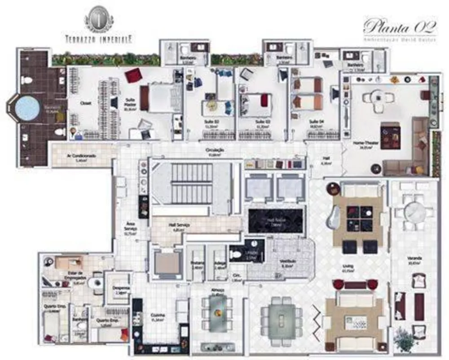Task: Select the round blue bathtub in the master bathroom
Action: tap(27, 108)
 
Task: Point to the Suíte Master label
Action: tap(131, 105)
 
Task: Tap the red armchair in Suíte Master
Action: tap(133, 75)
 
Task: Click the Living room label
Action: tap(348, 268)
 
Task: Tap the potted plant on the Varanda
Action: tap(405, 336)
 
